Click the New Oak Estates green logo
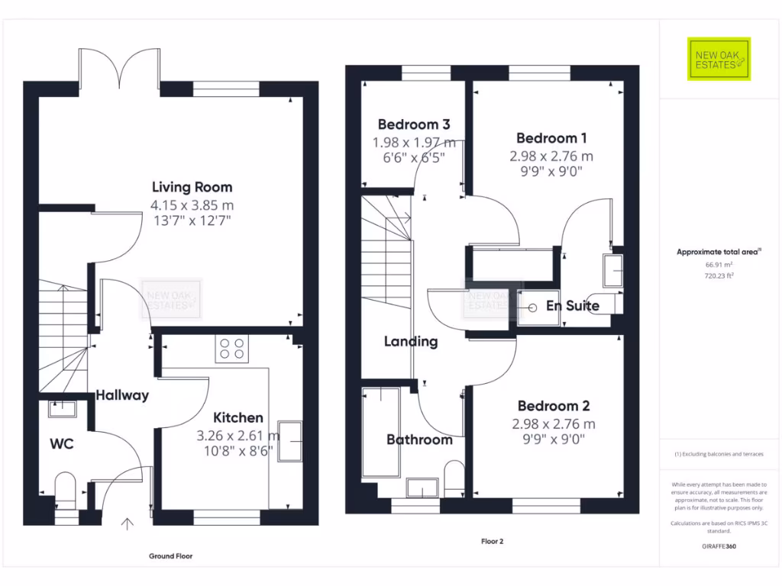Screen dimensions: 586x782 click(719, 59)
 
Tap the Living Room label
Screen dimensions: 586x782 click(192, 187)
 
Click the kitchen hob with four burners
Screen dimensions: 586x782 click(232, 349)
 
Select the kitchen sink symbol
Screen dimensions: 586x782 click(290, 440)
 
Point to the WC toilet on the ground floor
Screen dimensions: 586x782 click(66, 488)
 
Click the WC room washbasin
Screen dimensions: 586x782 click(62, 409)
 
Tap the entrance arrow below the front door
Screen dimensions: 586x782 click(127, 523)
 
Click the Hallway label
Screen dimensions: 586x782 click(122, 395)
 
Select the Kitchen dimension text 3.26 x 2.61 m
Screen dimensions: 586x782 click(238, 436)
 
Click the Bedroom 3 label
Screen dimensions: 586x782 click(413, 124)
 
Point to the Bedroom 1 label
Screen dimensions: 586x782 click(551, 138)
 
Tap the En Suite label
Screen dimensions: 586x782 click(573, 306)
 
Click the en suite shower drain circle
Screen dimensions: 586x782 click(532, 308)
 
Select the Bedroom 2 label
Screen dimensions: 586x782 click(554, 406)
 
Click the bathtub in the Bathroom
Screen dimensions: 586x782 click(381, 431)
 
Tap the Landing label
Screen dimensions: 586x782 click(411, 341)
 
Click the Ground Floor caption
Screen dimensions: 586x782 click(170, 556)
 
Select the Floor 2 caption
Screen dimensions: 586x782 click(492, 542)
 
